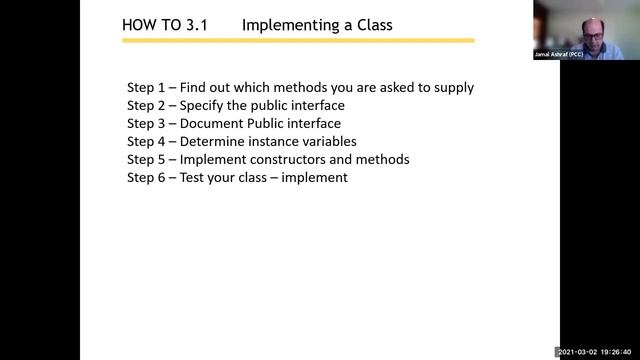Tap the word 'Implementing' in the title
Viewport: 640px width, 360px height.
pyautogui.click(x=288, y=24)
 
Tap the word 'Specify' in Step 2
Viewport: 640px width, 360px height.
pyautogui.click(x=203, y=106)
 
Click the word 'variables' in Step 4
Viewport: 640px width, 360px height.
pyautogui.click(x=327, y=142)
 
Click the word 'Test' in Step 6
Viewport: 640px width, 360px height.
pyautogui.click(x=193, y=178)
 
